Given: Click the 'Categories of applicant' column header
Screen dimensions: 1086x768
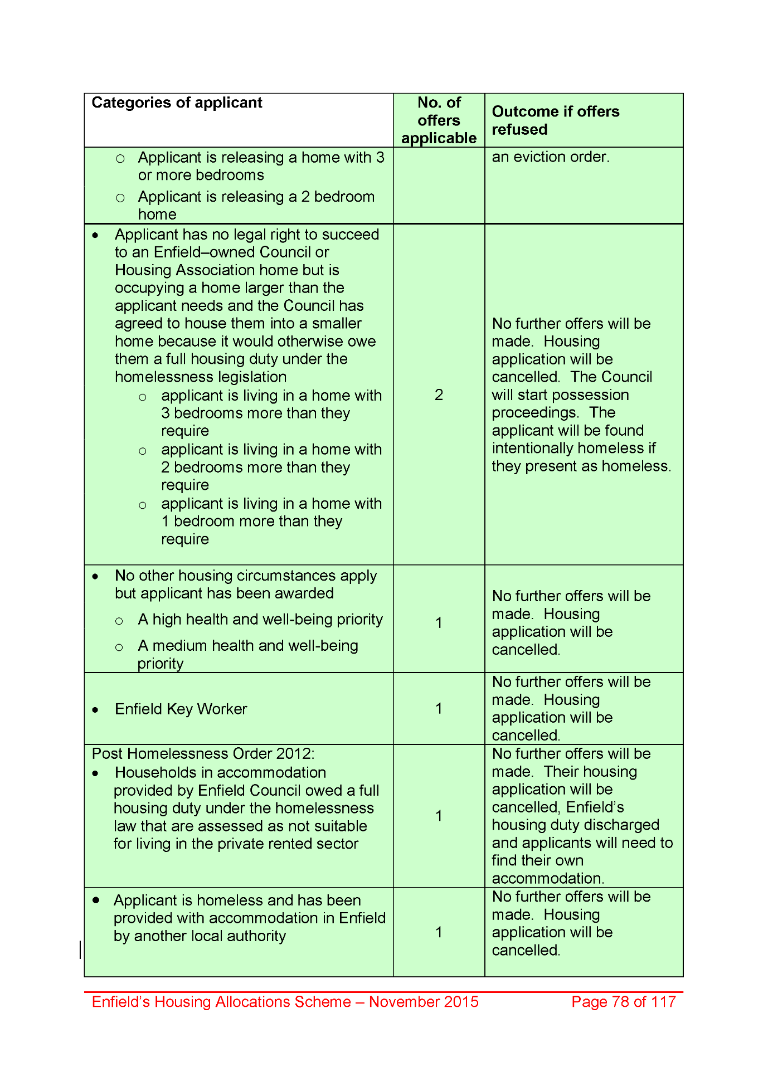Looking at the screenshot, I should (177, 103).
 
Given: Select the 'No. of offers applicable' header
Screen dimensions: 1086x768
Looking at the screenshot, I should (439, 120).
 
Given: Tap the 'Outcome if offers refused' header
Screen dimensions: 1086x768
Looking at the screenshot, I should (555, 120).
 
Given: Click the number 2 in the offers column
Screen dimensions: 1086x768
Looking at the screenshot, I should (439, 395).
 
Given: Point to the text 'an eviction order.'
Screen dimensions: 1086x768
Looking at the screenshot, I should (551, 157).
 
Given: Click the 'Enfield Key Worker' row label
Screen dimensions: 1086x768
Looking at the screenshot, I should (181, 709).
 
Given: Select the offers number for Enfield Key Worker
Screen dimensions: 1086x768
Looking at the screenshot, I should (439, 709).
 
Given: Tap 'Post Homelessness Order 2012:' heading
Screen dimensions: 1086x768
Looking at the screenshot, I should (203, 754).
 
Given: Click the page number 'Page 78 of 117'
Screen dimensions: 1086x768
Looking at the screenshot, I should (623, 1002).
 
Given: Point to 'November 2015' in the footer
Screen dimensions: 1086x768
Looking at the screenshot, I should (424, 1002).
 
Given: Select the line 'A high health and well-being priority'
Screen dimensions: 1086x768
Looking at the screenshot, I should (260, 620).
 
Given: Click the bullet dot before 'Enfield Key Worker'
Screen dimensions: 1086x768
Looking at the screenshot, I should (96, 710).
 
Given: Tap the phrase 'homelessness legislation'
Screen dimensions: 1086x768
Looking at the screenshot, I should (201, 377).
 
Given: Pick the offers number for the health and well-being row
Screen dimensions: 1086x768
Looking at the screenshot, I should (439, 623).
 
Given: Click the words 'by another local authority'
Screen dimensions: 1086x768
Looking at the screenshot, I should (200, 936).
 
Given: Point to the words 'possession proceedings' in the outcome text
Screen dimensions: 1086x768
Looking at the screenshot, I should (560, 404).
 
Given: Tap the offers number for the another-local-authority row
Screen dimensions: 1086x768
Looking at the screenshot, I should (439, 932).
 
